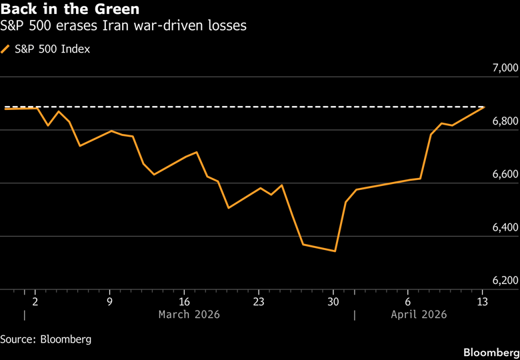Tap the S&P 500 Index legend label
(52, 49)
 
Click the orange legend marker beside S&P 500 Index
(7, 49)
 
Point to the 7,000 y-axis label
(504, 68)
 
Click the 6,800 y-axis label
(504, 121)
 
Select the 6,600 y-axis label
(504, 175)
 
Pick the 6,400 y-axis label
(504, 228)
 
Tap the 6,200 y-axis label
(504, 281)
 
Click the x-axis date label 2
(35, 301)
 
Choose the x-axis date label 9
(109, 301)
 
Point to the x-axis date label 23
(259, 301)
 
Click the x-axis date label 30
(333, 301)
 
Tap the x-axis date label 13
(483, 301)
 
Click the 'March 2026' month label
(189, 314)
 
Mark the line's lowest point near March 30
(334, 251)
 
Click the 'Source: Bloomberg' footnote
(45, 339)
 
